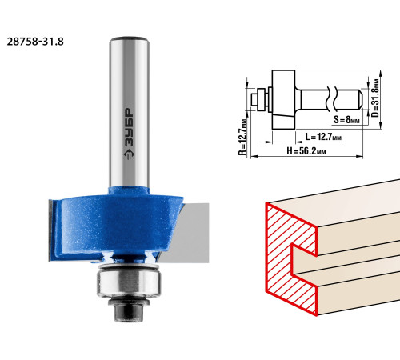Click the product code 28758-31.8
pos(35,42)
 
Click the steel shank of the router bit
pos(129,112)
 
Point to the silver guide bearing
pos(129,282)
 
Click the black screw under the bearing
pos(129,310)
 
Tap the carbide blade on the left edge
pos(50,230)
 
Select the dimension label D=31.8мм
pos(375,98)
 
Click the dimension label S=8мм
pos(346,120)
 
